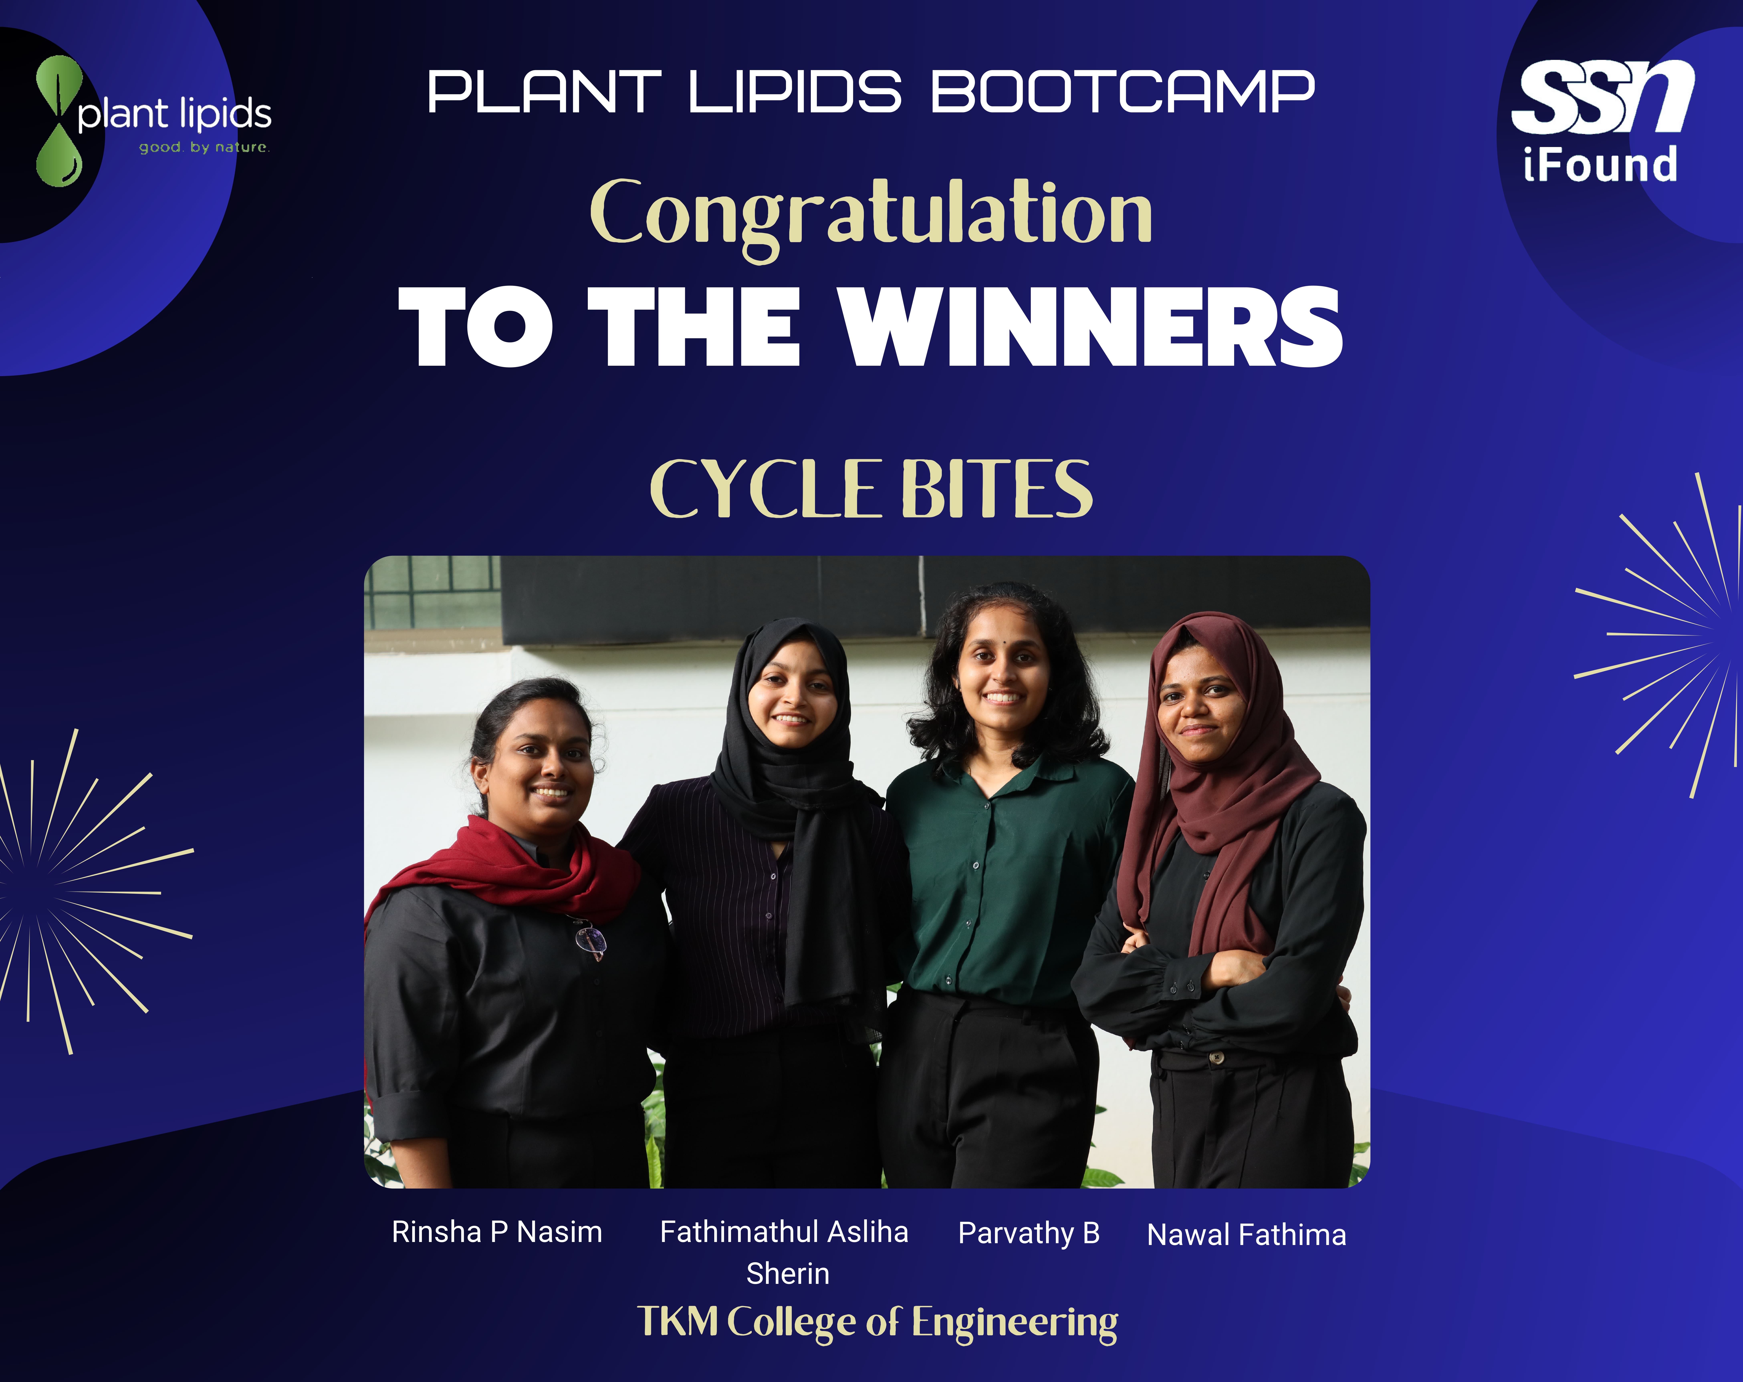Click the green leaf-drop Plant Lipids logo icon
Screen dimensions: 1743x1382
tap(59, 121)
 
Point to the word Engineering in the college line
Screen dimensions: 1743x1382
tap(1015, 1323)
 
